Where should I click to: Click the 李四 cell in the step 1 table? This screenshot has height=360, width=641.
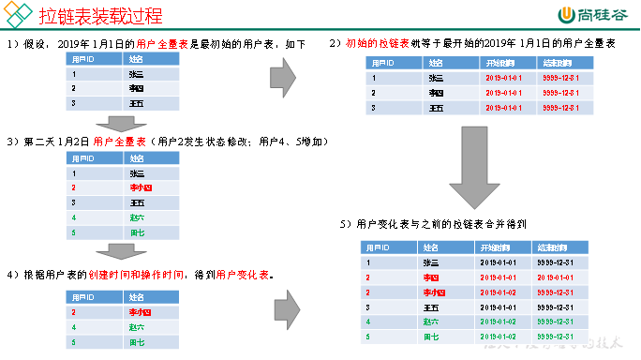136,89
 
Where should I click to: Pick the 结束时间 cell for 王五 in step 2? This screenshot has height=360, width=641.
566,108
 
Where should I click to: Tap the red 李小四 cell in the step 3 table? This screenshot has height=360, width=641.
139,187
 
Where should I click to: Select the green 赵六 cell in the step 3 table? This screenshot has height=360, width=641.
137,217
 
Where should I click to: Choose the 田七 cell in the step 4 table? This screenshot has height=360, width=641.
137,341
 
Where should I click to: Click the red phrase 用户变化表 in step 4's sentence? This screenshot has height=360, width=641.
243,275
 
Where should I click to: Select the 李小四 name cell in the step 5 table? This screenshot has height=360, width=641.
433,292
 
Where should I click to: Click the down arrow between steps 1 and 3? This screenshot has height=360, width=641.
123,123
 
